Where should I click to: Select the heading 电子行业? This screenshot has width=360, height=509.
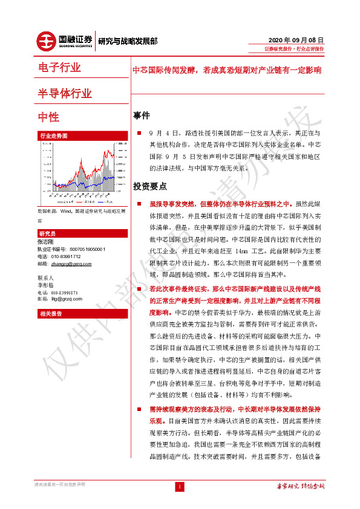pos(59,68)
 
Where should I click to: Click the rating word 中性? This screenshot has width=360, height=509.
pos(48,117)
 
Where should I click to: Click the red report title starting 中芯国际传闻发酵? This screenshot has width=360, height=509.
pos(227,70)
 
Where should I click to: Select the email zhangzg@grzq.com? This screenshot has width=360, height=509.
pos(71,264)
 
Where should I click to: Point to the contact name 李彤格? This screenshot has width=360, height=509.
pos(46,285)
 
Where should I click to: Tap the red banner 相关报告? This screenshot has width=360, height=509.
pos(51,314)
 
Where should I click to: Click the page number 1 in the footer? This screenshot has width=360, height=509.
pos(180,487)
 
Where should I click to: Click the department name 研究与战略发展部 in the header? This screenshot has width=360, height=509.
pos(128,41)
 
